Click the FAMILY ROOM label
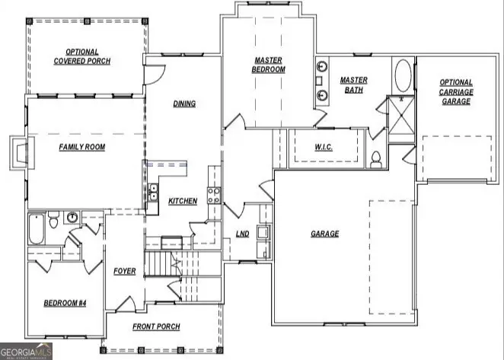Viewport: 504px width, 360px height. (81, 147)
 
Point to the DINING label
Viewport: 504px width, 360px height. (183, 104)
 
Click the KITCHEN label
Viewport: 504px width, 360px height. (183, 201)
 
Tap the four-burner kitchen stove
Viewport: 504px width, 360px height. (214, 195)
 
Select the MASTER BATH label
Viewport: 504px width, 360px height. (354, 84)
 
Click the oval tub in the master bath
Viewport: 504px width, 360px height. (404, 77)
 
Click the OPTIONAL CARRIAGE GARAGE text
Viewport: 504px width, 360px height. (456, 91)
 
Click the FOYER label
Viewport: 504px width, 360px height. (124, 271)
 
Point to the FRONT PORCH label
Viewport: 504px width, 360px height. (156, 328)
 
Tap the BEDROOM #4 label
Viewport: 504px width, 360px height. (65, 303)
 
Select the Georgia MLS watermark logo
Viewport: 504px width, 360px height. (27, 351)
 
